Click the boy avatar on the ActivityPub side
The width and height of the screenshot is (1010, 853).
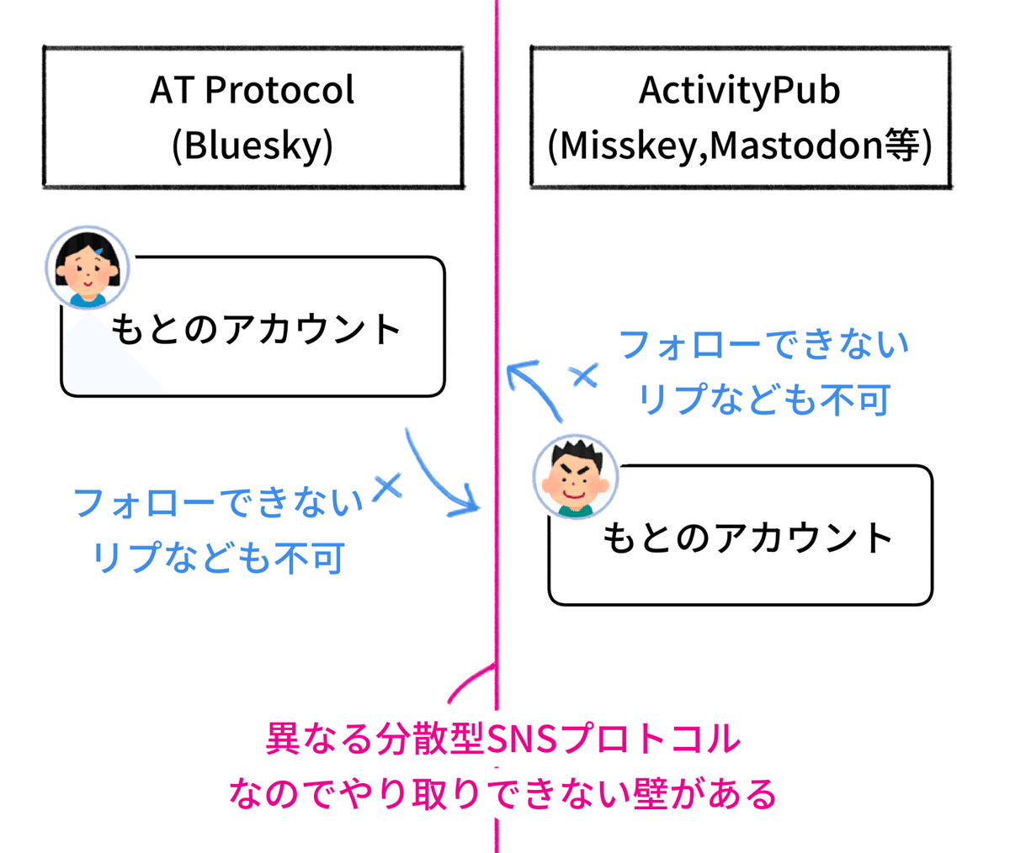pos(576,477)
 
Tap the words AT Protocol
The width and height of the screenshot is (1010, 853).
pos(252,90)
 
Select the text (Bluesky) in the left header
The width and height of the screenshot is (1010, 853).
pos(252,145)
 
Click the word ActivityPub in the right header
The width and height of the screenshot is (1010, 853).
pos(740,90)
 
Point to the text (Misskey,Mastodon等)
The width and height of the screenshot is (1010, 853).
pos(740,145)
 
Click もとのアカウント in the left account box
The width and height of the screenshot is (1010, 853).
pos(256,329)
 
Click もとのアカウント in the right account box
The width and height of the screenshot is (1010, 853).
pos(747,538)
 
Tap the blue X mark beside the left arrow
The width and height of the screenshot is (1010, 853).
pos(387,486)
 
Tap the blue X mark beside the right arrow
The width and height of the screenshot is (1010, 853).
pos(584,376)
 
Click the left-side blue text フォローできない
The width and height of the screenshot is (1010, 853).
pos(219,503)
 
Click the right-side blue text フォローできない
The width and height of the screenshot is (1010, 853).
pos(764,345)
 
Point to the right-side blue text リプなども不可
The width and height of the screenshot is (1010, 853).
pos(764,400)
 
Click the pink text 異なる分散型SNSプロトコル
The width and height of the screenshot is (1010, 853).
pos(503,739)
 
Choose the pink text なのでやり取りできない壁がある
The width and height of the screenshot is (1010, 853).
pos(503,793)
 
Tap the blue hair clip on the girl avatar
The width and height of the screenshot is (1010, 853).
pos(100,251)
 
